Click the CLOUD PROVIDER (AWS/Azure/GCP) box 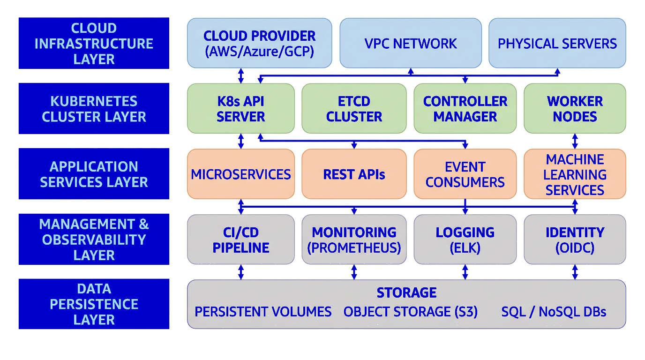pyautogui.click(x=259, y=43)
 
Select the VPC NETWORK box pyautogui.click(x=410, y=43)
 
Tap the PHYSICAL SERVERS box pyautogui.click(x=557, y=43)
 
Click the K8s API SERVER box pyautogui.click(x=241, y=108)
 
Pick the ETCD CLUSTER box pyautogui.click(x=354, y=108)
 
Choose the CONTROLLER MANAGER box pyautogui.click(x=465, y=108)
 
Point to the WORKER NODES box pyautogui.click(x=575, y=108)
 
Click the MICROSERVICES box pyautogui.click(x=241, y=174)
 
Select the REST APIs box pyautogui.click(x=354, y=174)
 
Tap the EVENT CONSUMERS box pyautogui.click(x=465, y=174)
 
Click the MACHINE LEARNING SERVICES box pyautogui.click(x=575, y=174)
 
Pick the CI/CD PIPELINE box pyautogui.click(x=241, y=240)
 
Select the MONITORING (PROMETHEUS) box pyautogui.click(x=354, y=240)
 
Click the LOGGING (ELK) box pyautogui.click(x=465, y=240)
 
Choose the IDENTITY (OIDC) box pyautogui.click(x=575, y=240)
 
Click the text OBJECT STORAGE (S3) pyautogui.click(x=410, y=312)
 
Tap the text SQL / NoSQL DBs pyautogui.click(x=554, y=312)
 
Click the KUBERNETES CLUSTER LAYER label pyautogui.click(x=94, y=108)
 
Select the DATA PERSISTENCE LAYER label pyautogui.click(x=94, y=304)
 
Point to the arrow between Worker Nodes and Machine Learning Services pyautogui.click(x=575, y=141)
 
